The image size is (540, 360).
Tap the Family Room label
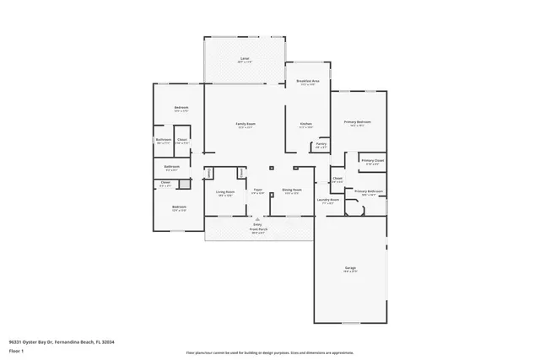point(246,125)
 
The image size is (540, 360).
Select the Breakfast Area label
point(308,82)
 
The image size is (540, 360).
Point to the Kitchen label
point(306,125)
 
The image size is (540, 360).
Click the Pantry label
point(321,145)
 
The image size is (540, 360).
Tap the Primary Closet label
point(372,161)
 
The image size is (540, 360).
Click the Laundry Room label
point(327,200)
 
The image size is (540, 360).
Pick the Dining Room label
point(292,191)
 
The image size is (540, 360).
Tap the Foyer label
point(256,191)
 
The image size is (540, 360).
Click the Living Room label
point(224,193)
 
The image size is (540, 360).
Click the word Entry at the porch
point(256,223)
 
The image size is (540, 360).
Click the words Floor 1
point(16,351)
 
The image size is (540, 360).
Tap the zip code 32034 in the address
point(109,342)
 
